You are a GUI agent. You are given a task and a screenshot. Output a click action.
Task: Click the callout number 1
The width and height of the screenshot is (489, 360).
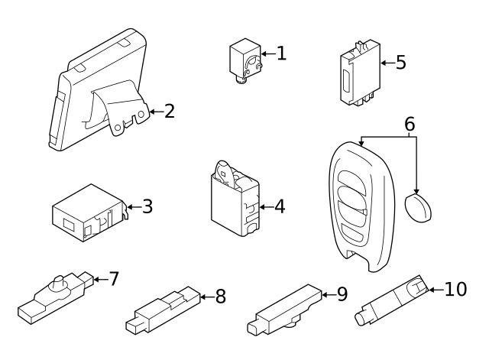tap(281, 53)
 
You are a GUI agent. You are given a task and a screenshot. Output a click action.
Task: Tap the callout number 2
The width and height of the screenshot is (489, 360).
tap(170, 112)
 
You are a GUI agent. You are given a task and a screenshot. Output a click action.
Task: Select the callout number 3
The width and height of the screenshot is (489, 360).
tap(147, 206)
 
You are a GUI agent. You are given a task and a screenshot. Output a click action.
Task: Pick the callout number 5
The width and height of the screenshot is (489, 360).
tap(400, 62)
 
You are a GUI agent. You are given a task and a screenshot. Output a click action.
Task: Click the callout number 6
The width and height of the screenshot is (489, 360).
tap(410, 123)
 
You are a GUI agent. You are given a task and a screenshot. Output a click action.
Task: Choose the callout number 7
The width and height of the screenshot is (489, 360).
tap(114, 279)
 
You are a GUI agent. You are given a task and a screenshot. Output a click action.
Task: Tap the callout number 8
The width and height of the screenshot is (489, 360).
tap(220, 297)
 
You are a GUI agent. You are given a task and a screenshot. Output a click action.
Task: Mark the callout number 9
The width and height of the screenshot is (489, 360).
tap(342, 293)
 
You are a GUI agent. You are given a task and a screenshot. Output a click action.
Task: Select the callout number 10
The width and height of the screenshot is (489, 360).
tap(455, 289)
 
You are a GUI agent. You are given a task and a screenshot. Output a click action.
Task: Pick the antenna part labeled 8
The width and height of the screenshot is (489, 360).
tap(164, 310)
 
